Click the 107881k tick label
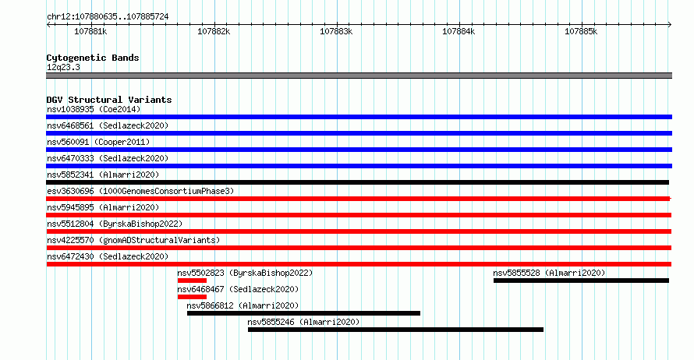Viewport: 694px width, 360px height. pos(90,31)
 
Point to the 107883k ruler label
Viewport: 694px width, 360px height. pos(336,31)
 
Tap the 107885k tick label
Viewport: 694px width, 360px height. pos(581,31)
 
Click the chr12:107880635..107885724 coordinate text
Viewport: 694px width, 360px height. pos(108,17)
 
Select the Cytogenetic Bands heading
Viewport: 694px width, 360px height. pos(93,58)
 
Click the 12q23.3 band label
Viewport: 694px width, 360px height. pos(63,67)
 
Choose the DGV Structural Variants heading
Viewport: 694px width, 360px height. pos(109,100)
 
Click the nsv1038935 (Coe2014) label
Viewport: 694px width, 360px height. pos(94,109)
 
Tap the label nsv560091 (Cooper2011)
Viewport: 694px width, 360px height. pos(98,142)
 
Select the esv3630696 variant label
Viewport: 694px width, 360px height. pos(140,191)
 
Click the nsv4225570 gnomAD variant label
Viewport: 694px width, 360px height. pos(133,240)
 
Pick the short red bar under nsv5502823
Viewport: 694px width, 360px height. pos(192,281)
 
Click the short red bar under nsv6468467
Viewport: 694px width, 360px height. pos(192,297)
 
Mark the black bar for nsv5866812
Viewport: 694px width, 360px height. pos(303,313)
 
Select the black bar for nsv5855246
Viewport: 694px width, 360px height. pos(395,330)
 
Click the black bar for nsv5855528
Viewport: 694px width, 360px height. pos(581,281)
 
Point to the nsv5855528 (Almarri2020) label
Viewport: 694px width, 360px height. pos(549,273)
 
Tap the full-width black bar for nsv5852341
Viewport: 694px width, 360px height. pos(358,182)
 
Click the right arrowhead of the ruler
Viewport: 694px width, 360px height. pos(670,25)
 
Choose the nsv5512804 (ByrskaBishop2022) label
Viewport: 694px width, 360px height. pos(115,224)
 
